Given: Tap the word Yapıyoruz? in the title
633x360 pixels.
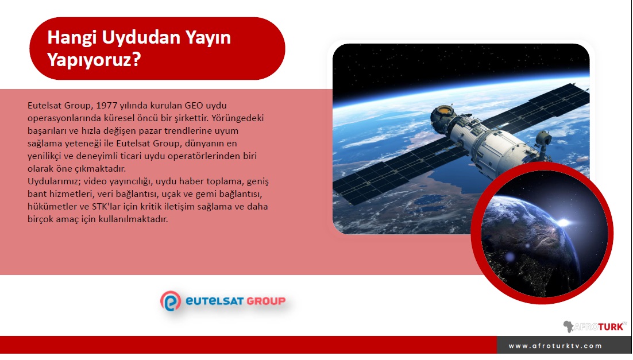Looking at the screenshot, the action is click(x=94, y=60).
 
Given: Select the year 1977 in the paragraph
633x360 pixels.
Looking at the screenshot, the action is click(x=107, y=105).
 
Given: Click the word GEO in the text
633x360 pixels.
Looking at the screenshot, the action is click(x=194, y=105).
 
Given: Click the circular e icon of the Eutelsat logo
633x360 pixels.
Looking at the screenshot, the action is click(x=171, y=301).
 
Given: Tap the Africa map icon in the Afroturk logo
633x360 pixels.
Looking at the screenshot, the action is click(x=569, y=326).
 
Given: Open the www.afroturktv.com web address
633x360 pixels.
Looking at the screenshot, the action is click(x=555, y=346).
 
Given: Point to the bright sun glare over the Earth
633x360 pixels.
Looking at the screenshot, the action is click(x=563, y=222).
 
